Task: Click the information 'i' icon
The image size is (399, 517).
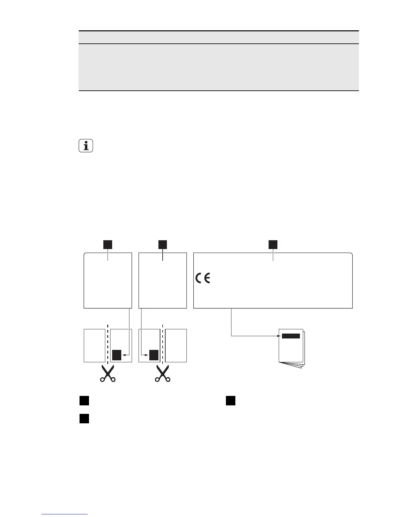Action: pyautogui.click(x=86, y=146)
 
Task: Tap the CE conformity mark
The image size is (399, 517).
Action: pyautogui.click(x=203, y=278)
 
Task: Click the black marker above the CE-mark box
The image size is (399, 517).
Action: pyautogui.click(x=273, y=244)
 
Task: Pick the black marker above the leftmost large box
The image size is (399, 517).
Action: pyautogui.click(x=108, y=244)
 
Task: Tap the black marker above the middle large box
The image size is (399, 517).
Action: pyautogui.click(x=162, y=244)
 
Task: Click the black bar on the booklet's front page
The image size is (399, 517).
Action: pyautogui.click(x=291, y=336)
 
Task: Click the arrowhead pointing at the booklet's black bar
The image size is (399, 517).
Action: pyautogui.click(x=279, y=336)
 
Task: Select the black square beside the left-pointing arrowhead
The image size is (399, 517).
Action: pyautogui.click(x=117, y=355)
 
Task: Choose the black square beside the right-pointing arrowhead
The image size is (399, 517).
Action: pyautogui.click(x=154, y=355)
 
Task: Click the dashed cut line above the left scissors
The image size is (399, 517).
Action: pyautogui.click(x=108, y=343)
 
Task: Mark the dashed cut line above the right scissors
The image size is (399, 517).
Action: pyautogui.click(x=162, y=343)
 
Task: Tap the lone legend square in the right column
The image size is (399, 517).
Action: pyautogui.click(x=230, y=400)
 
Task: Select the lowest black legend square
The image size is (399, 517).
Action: pyautogui.click(x=84, y=419)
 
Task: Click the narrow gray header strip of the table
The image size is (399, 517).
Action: pyautogui.click(x=218, y=37)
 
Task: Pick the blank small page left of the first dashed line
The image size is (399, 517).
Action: pyautogui.click(x=95, y=346)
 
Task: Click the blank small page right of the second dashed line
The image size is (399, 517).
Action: pyautogui.click(x=176, y=346)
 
